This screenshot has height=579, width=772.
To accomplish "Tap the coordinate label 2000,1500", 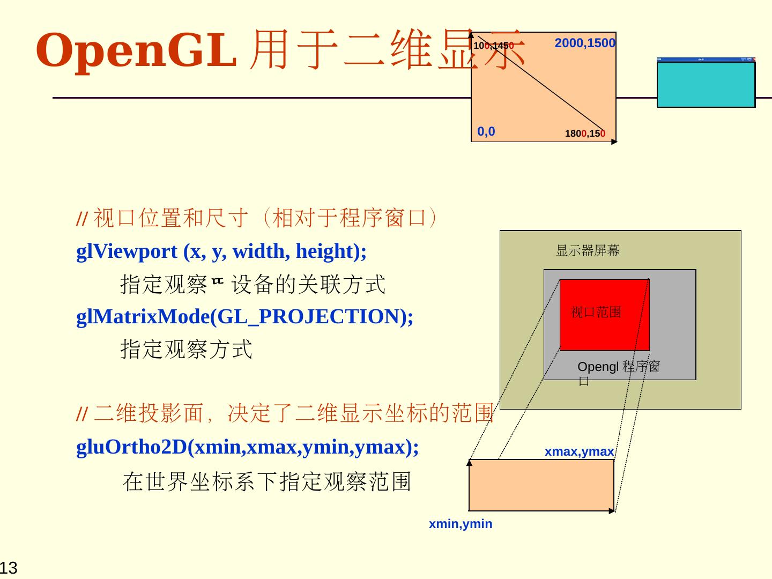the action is (x=585, y=43).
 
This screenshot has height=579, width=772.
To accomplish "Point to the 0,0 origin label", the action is (x=486, y=131).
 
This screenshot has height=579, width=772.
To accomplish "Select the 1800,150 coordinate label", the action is (x=585, y=133).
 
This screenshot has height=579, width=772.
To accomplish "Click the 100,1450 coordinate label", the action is (x=494, y=46).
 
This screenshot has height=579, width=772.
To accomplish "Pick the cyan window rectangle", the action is (x=706, y=85).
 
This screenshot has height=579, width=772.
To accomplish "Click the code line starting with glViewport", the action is (x=221, y=251).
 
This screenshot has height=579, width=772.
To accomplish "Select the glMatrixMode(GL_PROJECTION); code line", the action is (x=245, y=317).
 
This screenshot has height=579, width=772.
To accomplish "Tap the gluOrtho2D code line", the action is (x=247, y=447).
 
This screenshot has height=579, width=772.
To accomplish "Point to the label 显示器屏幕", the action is (x=588, y=250).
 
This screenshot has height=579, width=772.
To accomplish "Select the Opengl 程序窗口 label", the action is (x=618, y=368).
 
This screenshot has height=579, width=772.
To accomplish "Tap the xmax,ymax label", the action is (x=579, y=452).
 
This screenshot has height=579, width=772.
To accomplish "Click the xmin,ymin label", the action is (x=461, y=524).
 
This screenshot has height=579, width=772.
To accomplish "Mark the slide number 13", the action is (x=9, y=568).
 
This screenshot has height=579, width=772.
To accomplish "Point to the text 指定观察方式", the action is (x=186, y=350).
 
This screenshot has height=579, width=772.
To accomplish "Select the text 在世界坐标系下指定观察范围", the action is (x=266, y=481).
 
